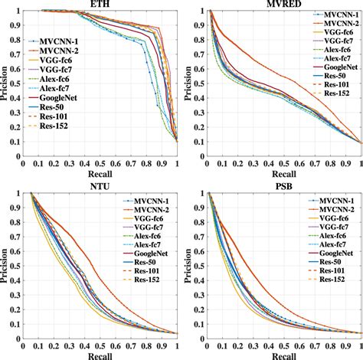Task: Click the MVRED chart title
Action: pos(283,5)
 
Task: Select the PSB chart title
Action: pos(283,185)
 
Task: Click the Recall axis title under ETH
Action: pos(100,174)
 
